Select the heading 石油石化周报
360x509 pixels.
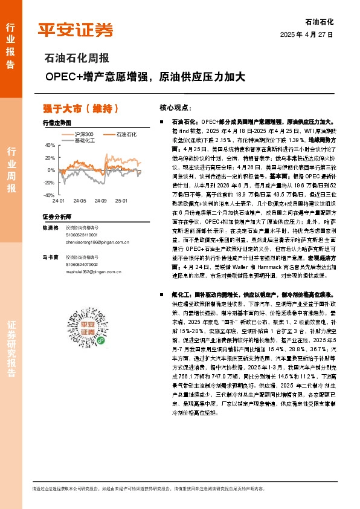tap(77, 59)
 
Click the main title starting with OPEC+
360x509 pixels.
tap(145, 77)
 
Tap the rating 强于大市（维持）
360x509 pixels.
tap(80, 109)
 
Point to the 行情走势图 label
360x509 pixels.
tap(57, 122)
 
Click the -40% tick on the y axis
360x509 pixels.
tap(48, 195)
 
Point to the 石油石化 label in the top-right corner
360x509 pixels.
tap(320, 21)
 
